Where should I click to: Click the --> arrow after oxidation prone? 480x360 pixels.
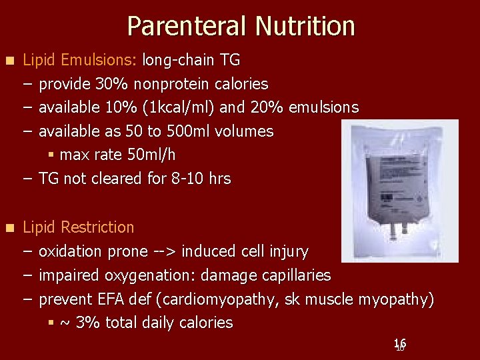click(165, 252)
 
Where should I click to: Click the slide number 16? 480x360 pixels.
click(400, 344)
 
